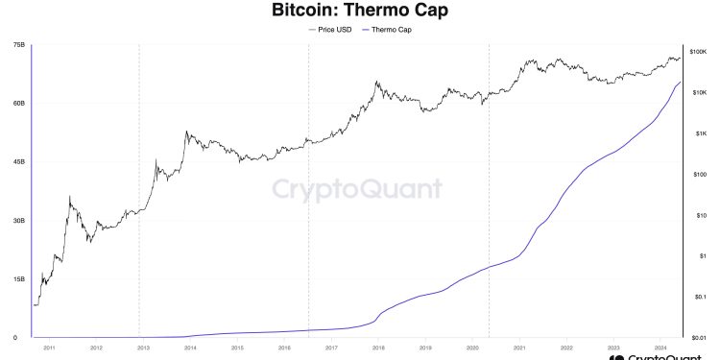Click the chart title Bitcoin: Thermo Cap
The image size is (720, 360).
tap(359, 12)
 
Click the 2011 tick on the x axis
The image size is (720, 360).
tap(48, 348)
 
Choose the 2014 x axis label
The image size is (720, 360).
tap(190, 348)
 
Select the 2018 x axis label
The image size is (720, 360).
tap(378, 348)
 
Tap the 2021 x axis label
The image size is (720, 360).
tap(519, 348)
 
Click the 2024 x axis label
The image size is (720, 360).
tap(660, 348)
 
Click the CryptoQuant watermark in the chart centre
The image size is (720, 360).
tap(357, 189)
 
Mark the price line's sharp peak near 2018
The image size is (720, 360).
tap(377, 83)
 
